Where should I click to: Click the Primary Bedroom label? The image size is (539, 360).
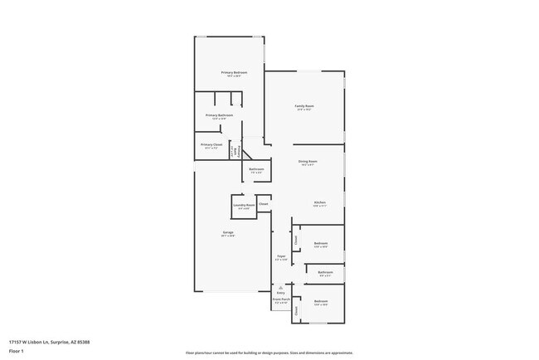234,73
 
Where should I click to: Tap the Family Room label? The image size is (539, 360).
304,106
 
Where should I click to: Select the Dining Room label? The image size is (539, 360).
308,161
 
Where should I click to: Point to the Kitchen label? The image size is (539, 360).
319,202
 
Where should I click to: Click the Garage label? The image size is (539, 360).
227,232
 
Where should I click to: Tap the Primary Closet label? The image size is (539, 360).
211,144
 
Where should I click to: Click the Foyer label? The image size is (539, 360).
281,256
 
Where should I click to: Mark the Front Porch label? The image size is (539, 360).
280,299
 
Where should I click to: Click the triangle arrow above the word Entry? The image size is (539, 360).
280,287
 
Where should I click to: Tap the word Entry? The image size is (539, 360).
280,293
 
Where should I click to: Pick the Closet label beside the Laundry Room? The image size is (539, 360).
264,203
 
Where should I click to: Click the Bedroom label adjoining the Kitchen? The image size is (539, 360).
321,244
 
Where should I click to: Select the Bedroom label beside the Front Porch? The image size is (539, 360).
321,301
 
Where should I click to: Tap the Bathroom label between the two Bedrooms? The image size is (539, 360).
326,272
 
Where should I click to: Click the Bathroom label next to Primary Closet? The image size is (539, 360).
256,169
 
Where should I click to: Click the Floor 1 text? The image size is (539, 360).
17,351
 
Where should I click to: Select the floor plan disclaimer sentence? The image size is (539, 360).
269,352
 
